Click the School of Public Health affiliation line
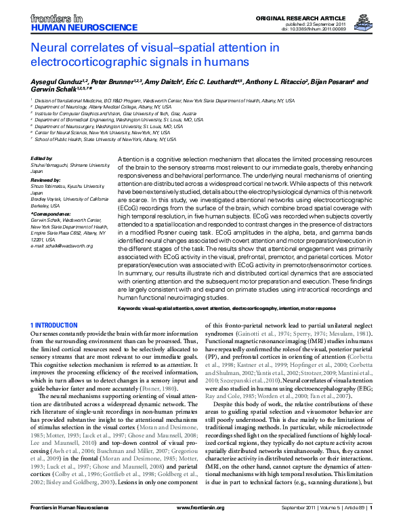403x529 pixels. (106, 139)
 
